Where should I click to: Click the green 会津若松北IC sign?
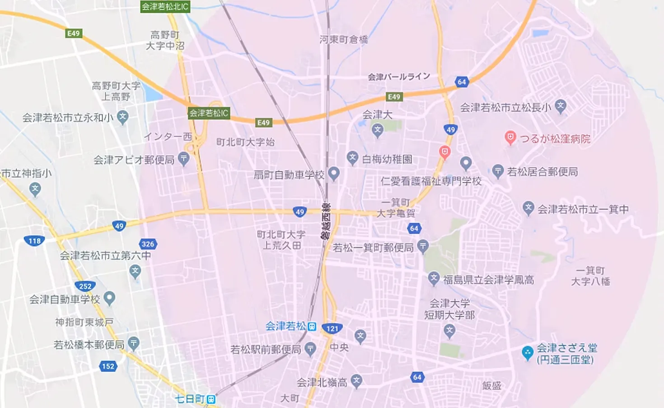point(165,6)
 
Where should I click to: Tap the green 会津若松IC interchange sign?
point(209,113)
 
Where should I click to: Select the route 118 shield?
point(34,241)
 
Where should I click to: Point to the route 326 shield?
point(148,244)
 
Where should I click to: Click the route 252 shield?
point(85,286)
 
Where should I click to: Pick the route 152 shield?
point(108,366)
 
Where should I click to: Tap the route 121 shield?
point(332,328)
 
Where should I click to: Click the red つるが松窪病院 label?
point(555,139)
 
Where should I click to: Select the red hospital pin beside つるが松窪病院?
point(510,138)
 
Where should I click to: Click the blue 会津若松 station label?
point(285,326)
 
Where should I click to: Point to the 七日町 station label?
point(190,399)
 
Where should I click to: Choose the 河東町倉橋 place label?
point(344,40)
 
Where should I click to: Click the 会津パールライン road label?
point(399,76)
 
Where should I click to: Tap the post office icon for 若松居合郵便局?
point(498,171)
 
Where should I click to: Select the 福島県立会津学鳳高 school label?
point(488,280)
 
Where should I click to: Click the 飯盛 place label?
point(491,385)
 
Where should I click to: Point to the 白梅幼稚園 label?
point(387,159)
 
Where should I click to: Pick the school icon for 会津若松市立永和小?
point(122,117)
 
